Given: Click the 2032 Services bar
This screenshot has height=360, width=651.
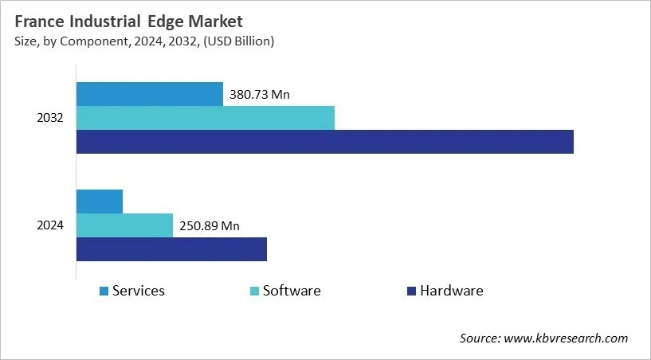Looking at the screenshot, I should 149,94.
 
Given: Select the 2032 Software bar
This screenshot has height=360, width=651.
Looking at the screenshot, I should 205,118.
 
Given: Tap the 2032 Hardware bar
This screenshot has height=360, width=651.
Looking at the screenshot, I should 324,142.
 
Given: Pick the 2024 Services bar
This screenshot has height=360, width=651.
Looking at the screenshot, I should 100,202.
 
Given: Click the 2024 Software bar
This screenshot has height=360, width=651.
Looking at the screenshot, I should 124,225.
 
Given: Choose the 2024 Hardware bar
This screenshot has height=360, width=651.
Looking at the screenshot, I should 171,249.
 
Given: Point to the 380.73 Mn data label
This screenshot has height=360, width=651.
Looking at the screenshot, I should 260,95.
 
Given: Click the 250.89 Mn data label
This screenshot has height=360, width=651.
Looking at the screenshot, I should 210,226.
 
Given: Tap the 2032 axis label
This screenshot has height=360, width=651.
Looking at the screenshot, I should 51,118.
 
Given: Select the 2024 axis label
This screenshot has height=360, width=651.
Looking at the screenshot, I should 51,225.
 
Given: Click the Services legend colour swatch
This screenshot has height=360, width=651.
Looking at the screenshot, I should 104,292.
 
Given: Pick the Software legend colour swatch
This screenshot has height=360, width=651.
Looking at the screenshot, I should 254,292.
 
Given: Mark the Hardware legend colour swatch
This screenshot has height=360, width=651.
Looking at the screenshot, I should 411,292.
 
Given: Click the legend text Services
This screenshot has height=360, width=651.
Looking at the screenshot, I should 139,291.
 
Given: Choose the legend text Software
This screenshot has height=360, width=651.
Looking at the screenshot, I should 292,291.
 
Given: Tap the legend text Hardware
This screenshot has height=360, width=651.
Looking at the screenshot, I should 452,291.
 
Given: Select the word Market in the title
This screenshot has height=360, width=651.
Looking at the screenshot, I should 216,21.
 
